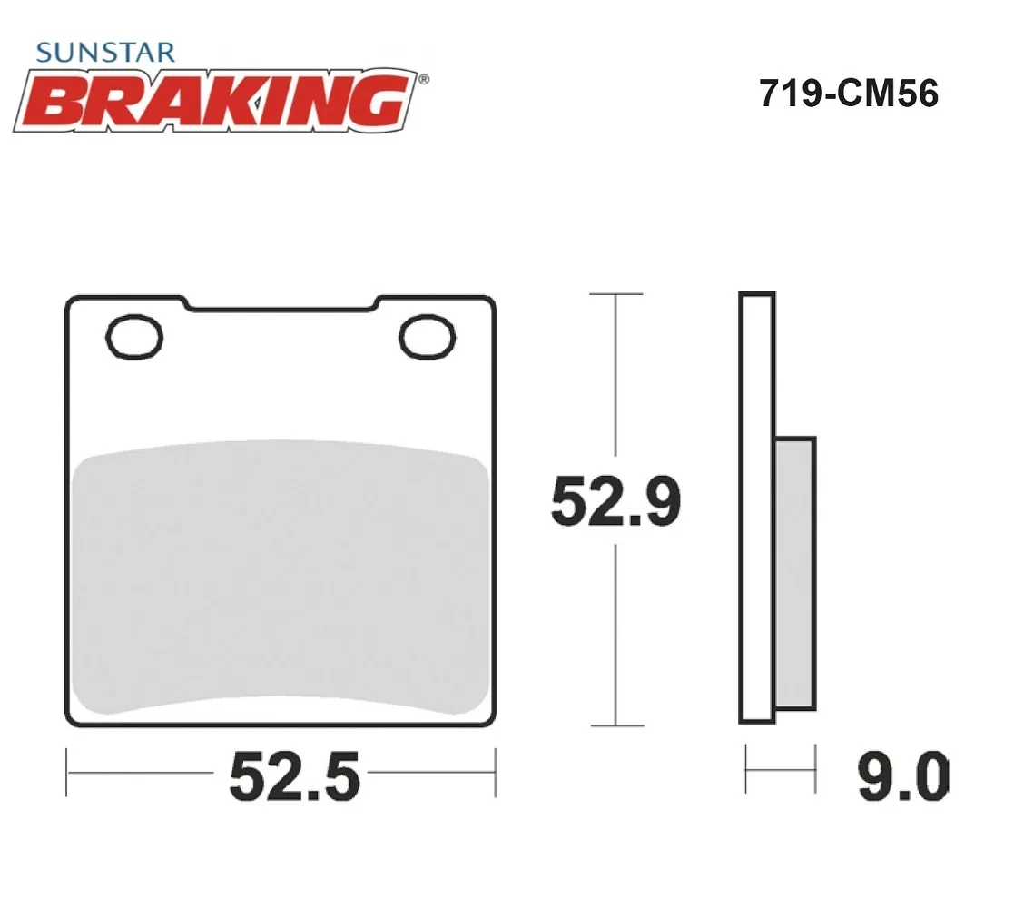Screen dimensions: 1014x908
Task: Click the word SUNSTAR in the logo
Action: [x=105, y=53]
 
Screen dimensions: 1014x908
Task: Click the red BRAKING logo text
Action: [x=216, y=101]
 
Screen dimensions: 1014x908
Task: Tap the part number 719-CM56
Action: [x=849, y=94]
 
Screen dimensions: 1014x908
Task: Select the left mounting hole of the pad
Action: [x=134, y=337]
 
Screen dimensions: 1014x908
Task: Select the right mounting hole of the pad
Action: [x=428, y=337]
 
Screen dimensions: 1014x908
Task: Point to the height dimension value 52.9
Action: [x=615, y=501]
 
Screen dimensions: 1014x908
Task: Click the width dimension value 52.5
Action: [x=294, y=776]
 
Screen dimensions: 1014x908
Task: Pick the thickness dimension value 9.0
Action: [x=903, y=776]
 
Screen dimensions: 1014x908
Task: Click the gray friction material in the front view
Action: [x=280, y=577]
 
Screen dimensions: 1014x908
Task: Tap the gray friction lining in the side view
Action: [x=795, y=573]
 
